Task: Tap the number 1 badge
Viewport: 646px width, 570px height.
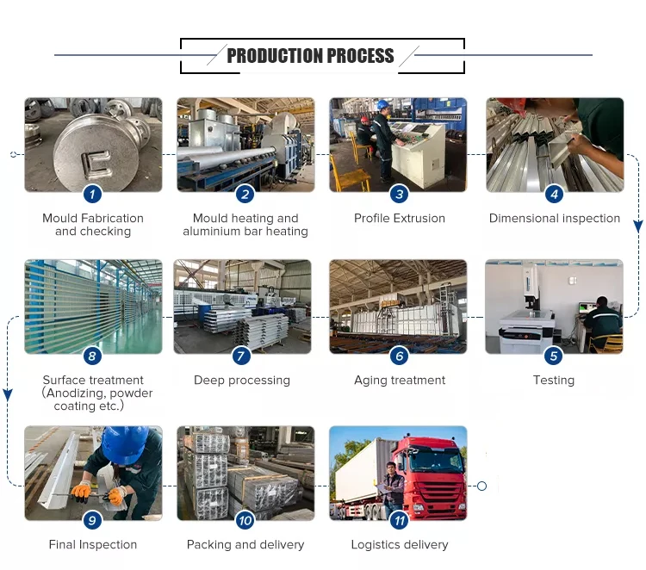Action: pyautogui.click(x=92, y=194)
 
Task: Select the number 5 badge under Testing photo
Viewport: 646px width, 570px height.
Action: pyautogui.click(x=554, y=356)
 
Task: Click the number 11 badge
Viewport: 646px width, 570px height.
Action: pyautogui.click(x=399, y=521)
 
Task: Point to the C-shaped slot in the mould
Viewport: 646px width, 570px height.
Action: pyautogui.click(x=96, y=164)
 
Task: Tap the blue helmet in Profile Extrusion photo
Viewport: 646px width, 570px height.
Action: pyautogui.click(x=384, y=104)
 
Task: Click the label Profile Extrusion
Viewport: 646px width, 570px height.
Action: pyautogui.click(x=399, y=218)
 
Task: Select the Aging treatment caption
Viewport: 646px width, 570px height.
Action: pyautogui.click(x=400, y=380)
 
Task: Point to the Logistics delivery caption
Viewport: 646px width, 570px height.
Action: pyautogui.click(x=399, y=544)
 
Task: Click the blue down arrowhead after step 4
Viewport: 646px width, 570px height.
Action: pyautogui.click(x=637, y=226)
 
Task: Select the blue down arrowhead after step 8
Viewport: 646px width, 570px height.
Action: pyautogui.click(x=8, y=395)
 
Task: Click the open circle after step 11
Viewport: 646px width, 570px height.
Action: pyautogui.click(x=481, y=486)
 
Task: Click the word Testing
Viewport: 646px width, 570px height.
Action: pyautogui.click(x=554, y=380)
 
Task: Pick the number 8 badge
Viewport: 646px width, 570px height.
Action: pyautogui.click(x=92, y=356)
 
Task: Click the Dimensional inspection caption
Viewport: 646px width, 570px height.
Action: pyautogui.click(x=554, y=218)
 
